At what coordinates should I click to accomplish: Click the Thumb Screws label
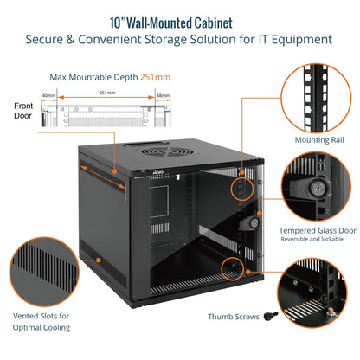(x=234, y=318)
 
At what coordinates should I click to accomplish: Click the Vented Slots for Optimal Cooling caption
(x=42, y=322)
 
